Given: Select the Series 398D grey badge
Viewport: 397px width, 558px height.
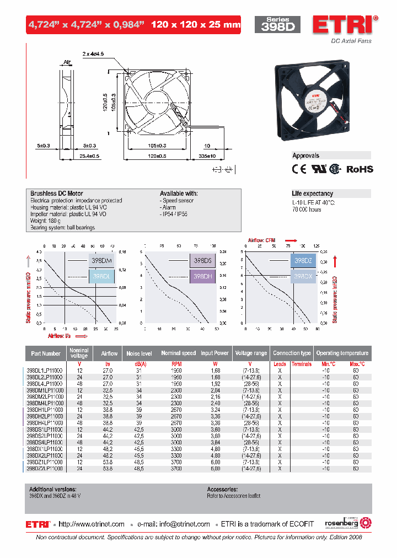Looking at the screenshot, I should (x=277, y=25).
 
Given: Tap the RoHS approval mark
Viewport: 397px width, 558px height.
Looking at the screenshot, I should (x=360, y=169).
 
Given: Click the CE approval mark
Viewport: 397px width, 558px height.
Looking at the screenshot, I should (x=299, y=169).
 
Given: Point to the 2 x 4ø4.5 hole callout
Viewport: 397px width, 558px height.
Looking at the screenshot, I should (x=93, y=54).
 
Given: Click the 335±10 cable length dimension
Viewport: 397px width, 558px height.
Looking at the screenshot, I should (x=207, y=157).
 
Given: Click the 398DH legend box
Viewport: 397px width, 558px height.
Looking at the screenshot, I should (x=202, y=276).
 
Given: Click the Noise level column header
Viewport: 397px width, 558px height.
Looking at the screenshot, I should (x=139, y=353).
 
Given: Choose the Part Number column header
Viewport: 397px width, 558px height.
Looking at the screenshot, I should (x=46, y=353).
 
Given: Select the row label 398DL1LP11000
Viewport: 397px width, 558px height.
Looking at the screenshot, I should (x=45, y=371).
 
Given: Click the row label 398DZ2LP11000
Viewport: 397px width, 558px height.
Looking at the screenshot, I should (x=45, y=468).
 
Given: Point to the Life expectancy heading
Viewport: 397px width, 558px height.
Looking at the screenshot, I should (x=313, y=194).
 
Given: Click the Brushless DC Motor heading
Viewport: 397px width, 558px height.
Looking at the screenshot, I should (x=57, y=194).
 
